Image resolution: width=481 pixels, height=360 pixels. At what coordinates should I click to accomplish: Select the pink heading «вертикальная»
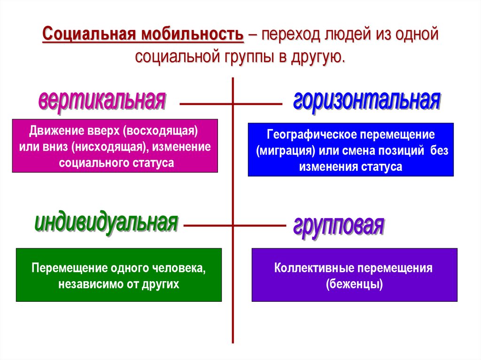pyautogui.click(x=102, y=100)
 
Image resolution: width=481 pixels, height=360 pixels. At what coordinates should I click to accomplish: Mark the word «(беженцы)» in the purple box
pyautogui.click(x=354, y=284)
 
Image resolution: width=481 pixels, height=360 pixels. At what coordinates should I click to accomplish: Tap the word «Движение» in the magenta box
pyautogui.click(x=51, y=130)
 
